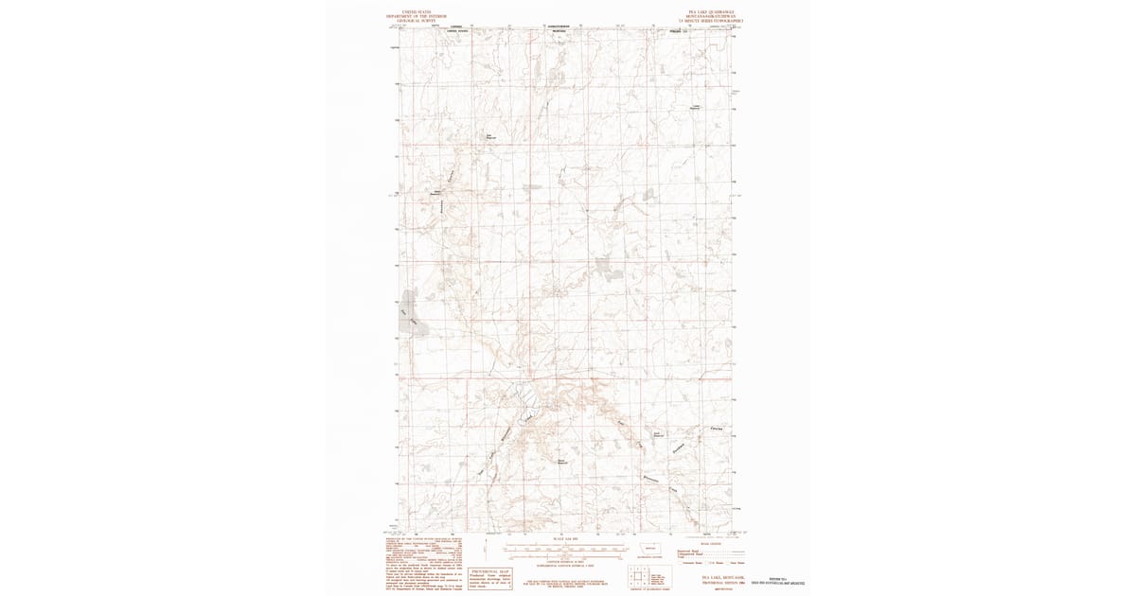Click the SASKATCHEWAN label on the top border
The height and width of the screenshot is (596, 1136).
coord(563,26)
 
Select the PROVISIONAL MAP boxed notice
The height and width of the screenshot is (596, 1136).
coord(488,577)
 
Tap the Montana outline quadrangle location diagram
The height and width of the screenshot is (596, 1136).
coord(649,550)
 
